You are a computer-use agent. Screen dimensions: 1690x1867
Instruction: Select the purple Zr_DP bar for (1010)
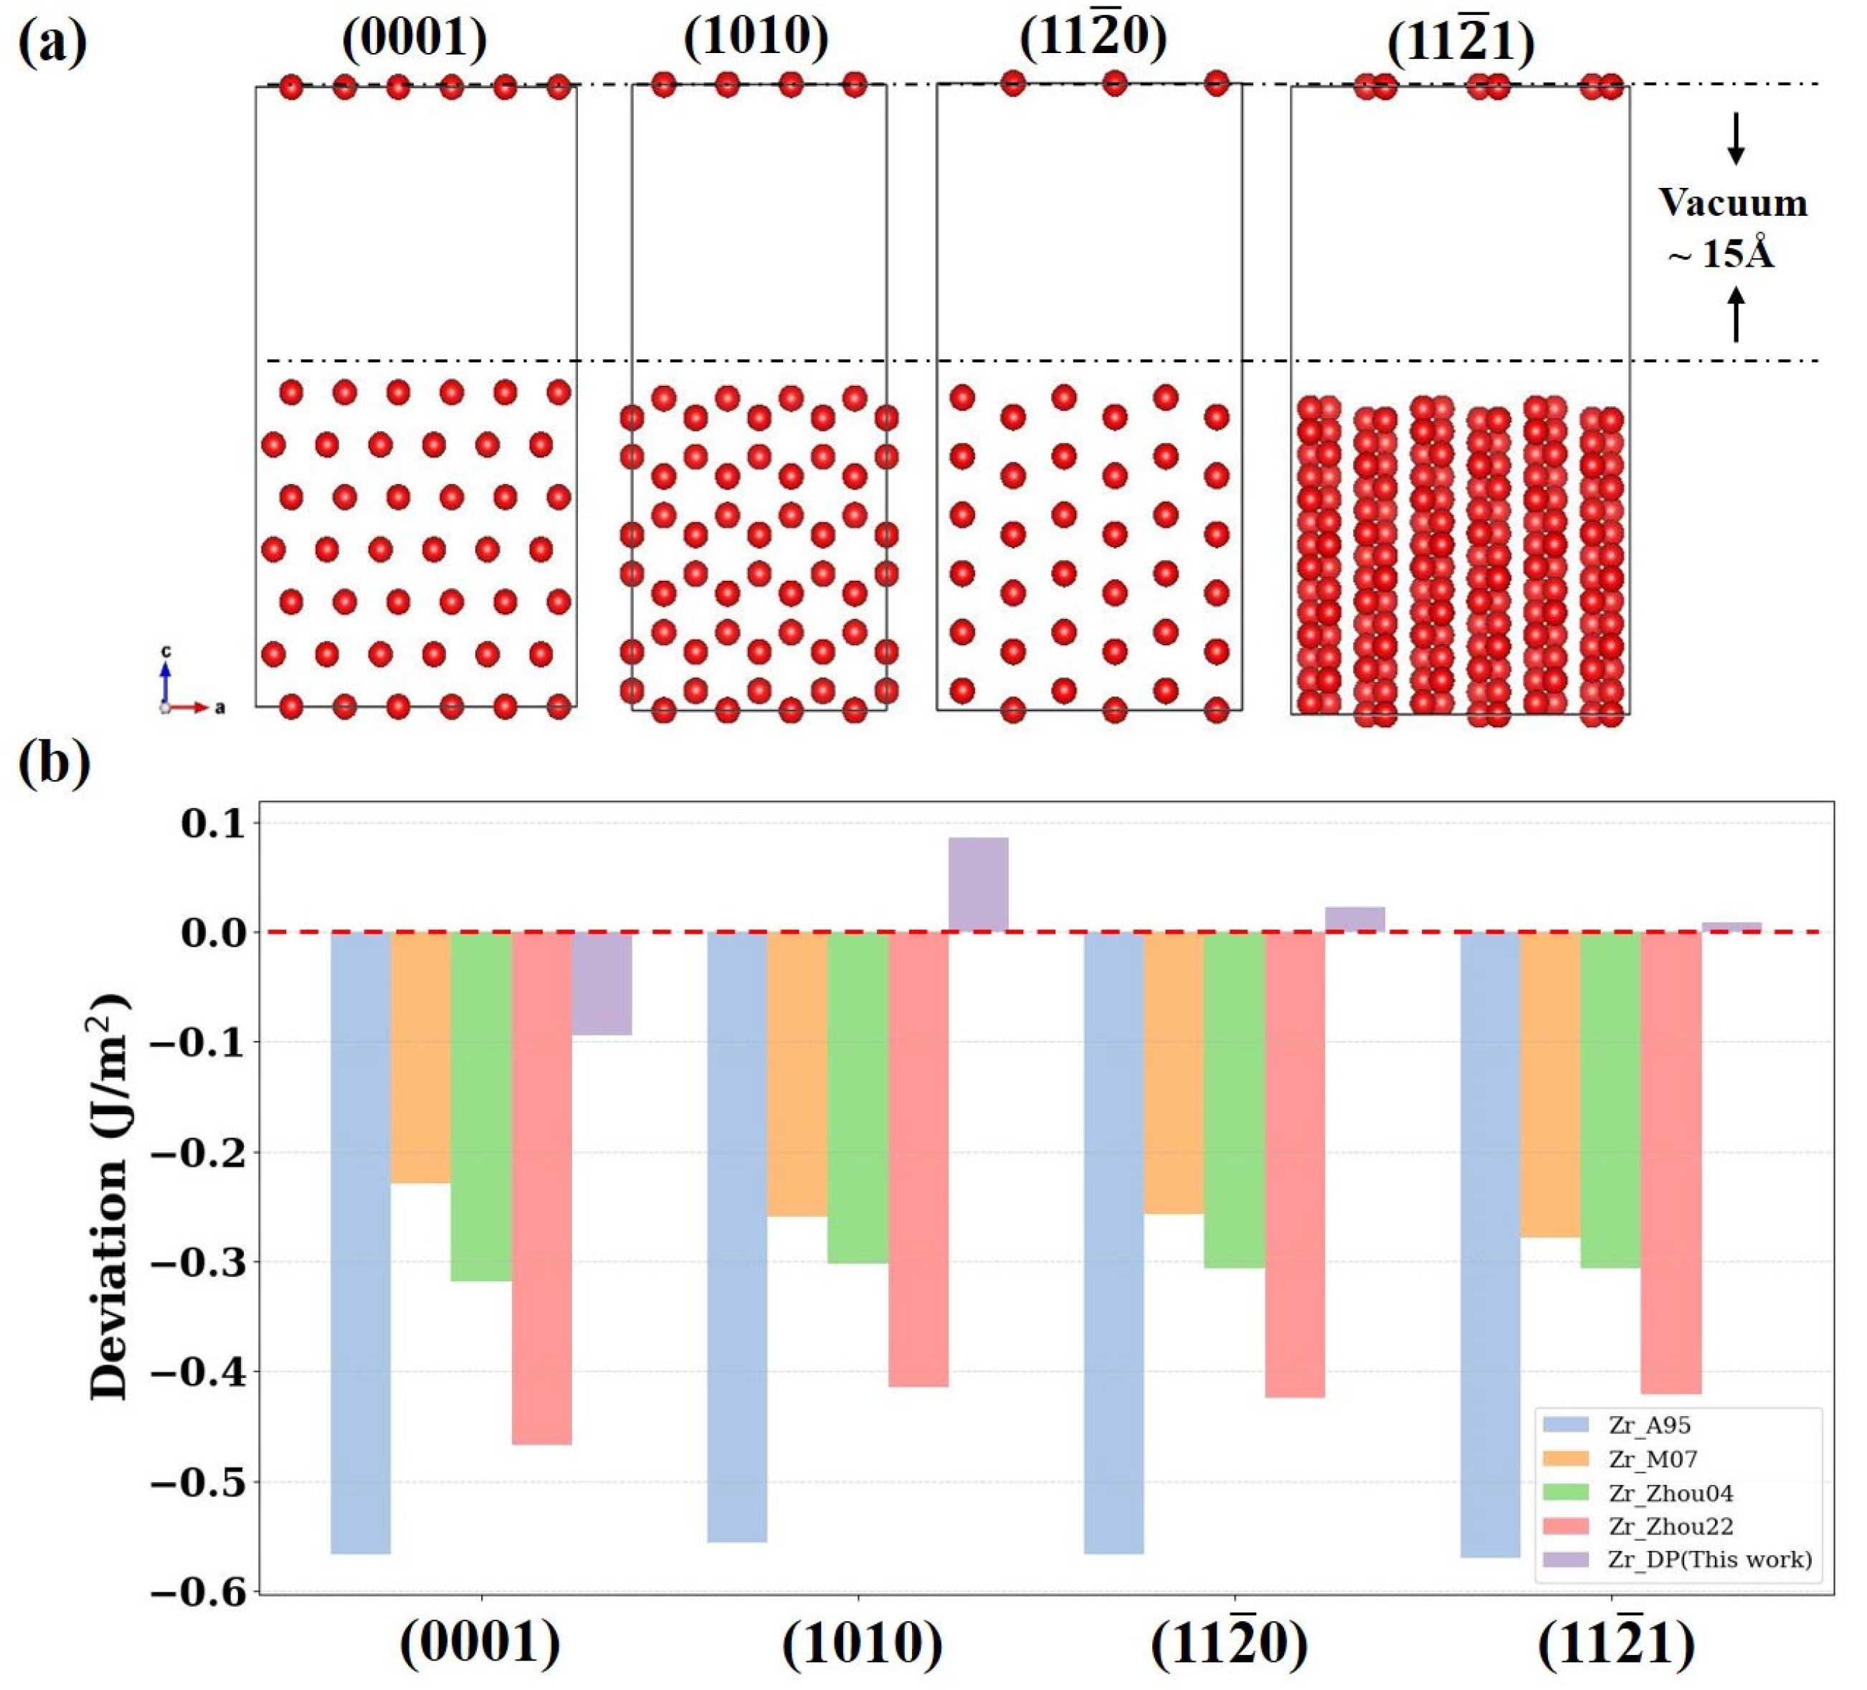point(978,884)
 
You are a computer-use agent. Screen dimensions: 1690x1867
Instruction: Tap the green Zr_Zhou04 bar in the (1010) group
point(858,1096)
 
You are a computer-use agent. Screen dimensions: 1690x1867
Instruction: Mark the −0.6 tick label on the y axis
point(200,1592)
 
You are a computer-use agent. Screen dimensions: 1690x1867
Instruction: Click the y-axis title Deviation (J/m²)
point(109,1195)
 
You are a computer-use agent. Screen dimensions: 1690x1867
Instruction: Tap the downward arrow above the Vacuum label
point(1737,139)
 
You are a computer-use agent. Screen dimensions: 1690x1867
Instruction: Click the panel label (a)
point(53,42)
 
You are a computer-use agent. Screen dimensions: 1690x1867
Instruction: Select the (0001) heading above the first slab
point(414,39)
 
